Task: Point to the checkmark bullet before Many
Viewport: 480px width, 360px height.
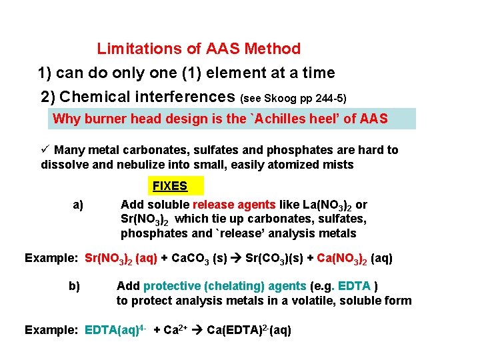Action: [x=45, y=150]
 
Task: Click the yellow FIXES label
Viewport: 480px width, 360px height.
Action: [x=170, y=186]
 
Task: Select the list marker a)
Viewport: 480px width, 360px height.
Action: [x=78, y=205]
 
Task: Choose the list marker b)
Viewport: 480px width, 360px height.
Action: [x=74, y=286]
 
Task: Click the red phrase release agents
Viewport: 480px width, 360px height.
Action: [x=234, y=205]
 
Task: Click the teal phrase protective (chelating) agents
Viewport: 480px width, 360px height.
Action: [x=225, y=286]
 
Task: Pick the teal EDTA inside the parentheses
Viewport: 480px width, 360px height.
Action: [x=355, y=286]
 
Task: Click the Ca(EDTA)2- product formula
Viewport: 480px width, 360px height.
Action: [x=249, y=330]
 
